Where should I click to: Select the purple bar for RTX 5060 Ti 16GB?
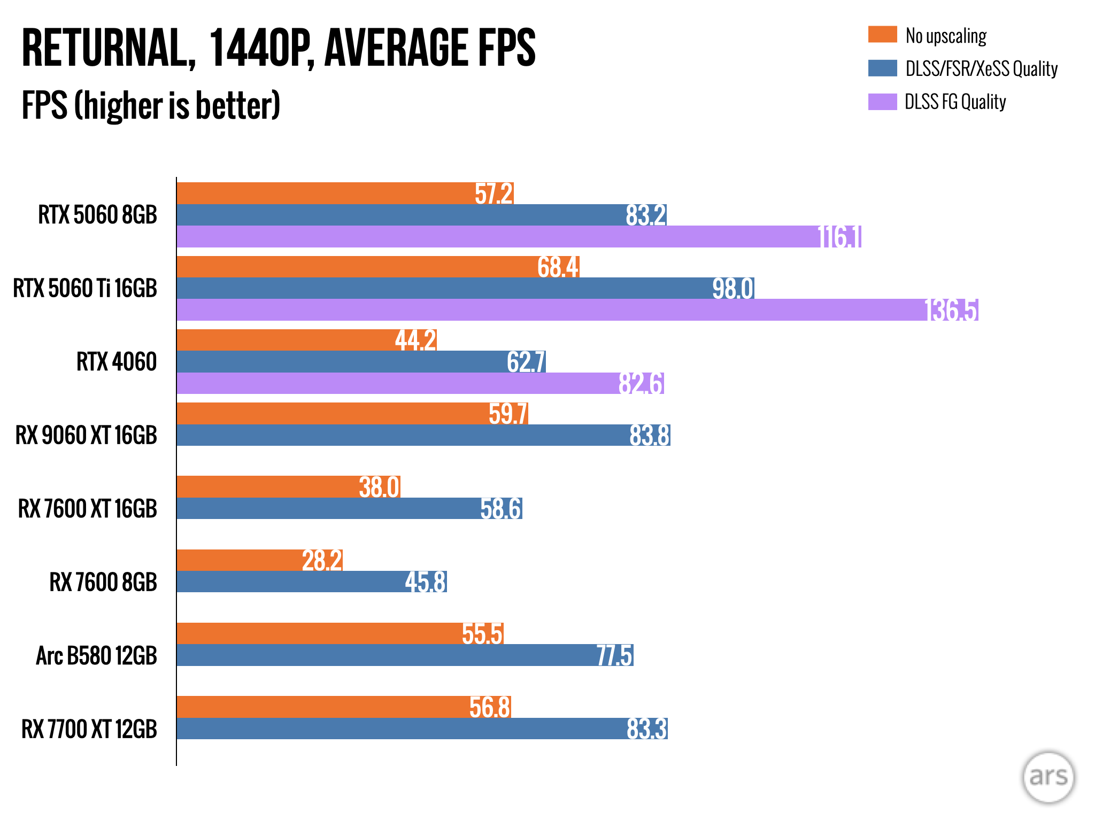[551, 310]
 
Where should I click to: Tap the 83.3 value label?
[646, 729]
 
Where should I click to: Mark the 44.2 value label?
[415, 340]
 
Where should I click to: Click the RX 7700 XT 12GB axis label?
[89, 729]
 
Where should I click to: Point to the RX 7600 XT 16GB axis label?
[88, 508]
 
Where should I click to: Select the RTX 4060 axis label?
[117, 362]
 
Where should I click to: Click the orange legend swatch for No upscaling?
[882, 35]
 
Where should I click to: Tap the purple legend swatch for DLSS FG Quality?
[882, 102]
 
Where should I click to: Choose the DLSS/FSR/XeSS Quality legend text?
[981, 68]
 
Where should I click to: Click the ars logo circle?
[1048, 777]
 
